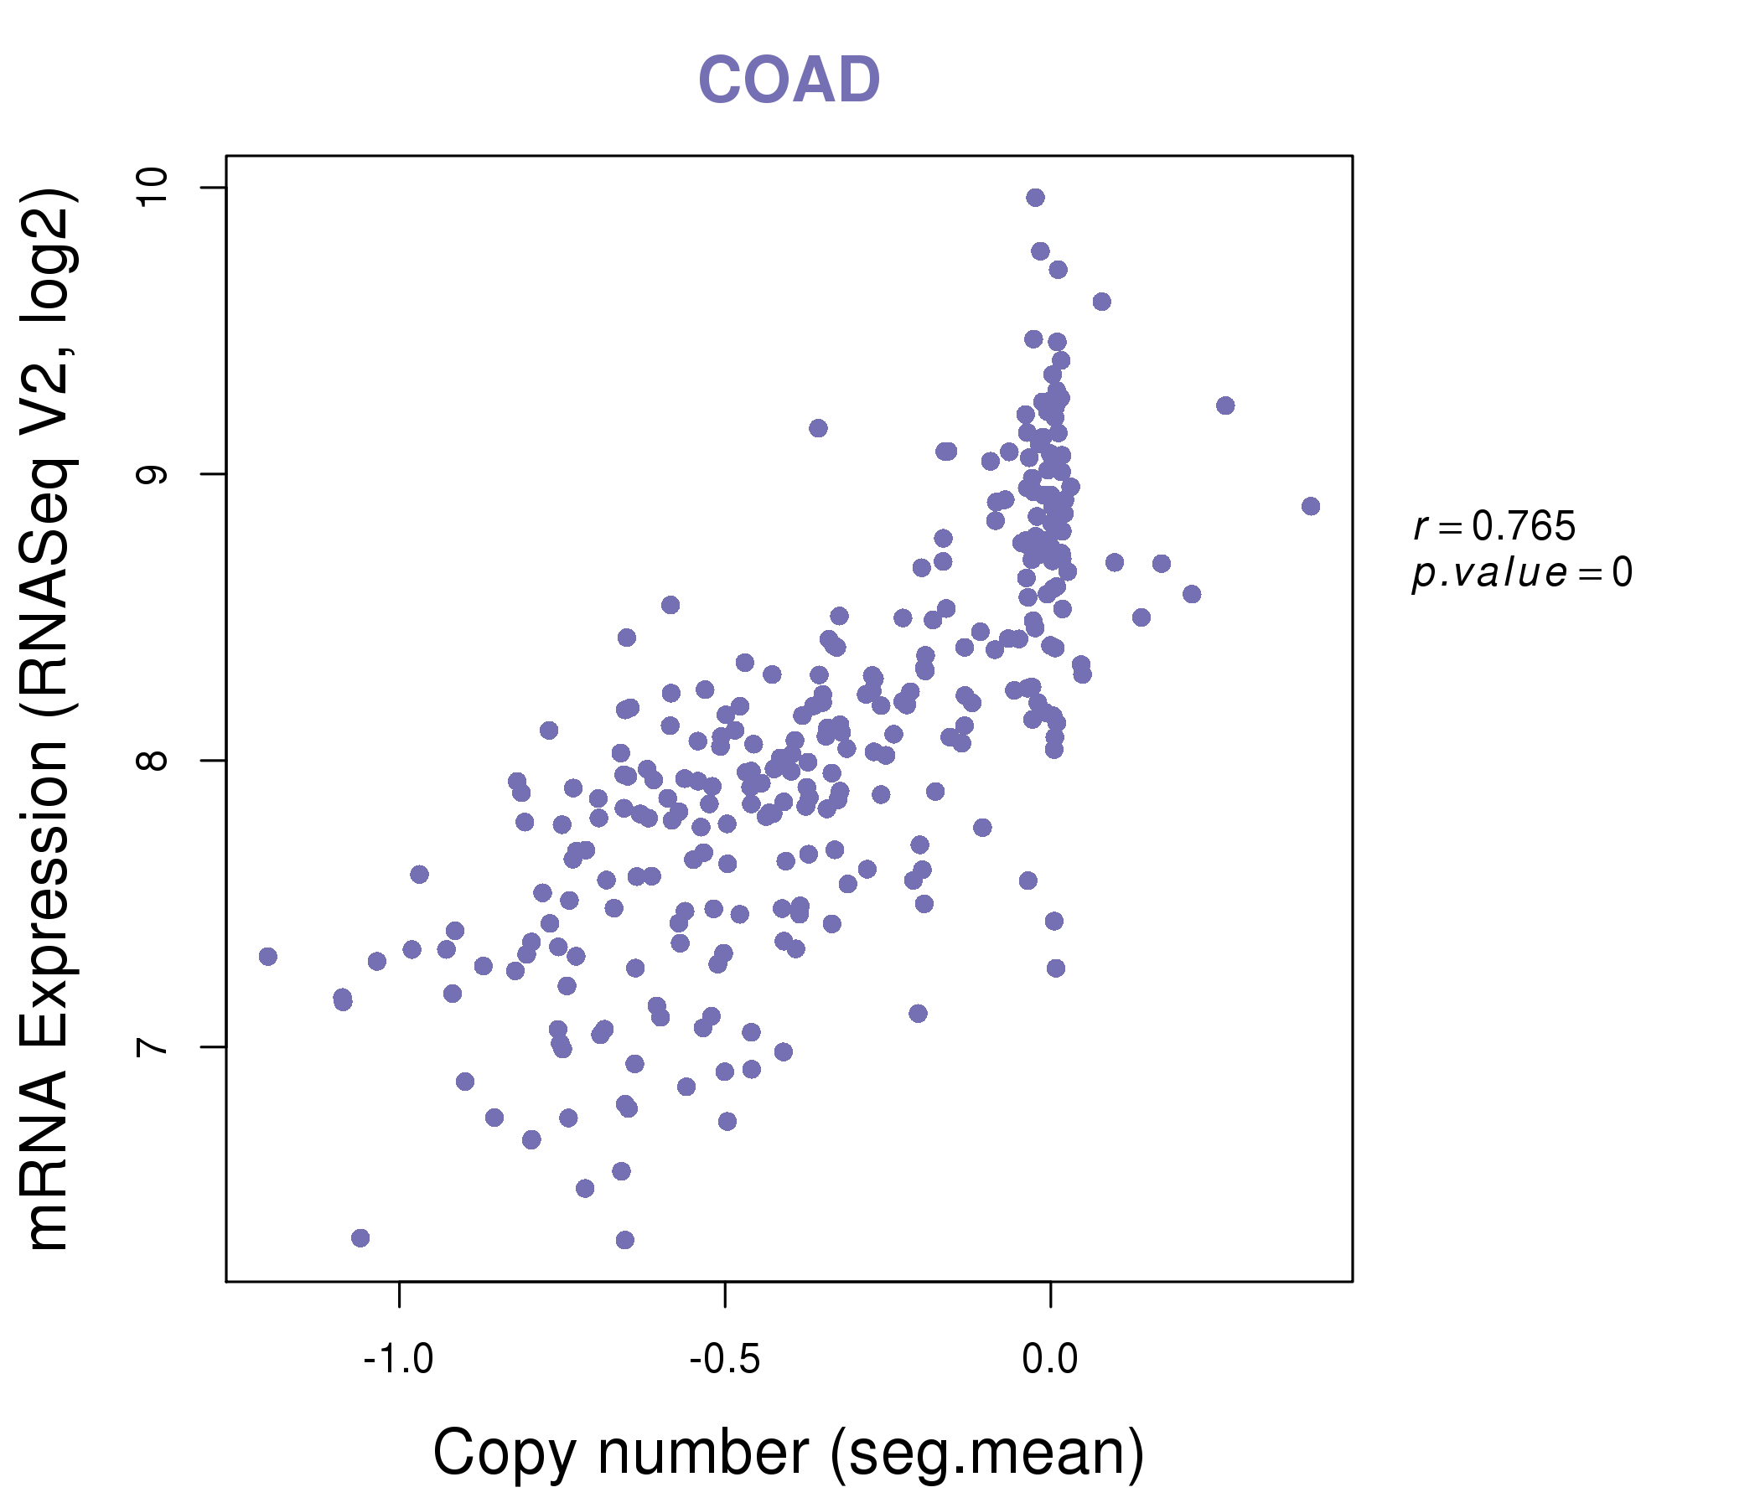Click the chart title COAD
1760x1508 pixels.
click(789, 80)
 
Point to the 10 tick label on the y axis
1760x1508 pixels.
click(152, 187)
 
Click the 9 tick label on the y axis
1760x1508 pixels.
click(152, 474)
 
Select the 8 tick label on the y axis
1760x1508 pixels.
click(152, 760)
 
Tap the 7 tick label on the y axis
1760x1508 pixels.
click(152, 1046)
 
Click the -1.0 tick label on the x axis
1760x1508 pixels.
click(398, 1360)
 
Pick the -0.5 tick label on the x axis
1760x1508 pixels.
click(725, 1360)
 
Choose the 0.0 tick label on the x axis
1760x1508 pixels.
click(1050, 1360)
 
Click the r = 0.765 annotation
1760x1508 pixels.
click(1494, 526)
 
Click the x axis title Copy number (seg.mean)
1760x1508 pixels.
click(789, 1454)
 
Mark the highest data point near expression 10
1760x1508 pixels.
click(1035, 198)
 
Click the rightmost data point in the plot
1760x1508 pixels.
click(1311, 506)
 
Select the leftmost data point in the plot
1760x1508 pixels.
click(268, 957)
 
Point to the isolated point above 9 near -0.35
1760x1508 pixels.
click(818, 428)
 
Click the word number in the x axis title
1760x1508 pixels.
click(702, 1454)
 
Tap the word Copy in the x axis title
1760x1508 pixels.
click(505, 1454)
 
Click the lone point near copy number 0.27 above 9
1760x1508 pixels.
click(1224, 405)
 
